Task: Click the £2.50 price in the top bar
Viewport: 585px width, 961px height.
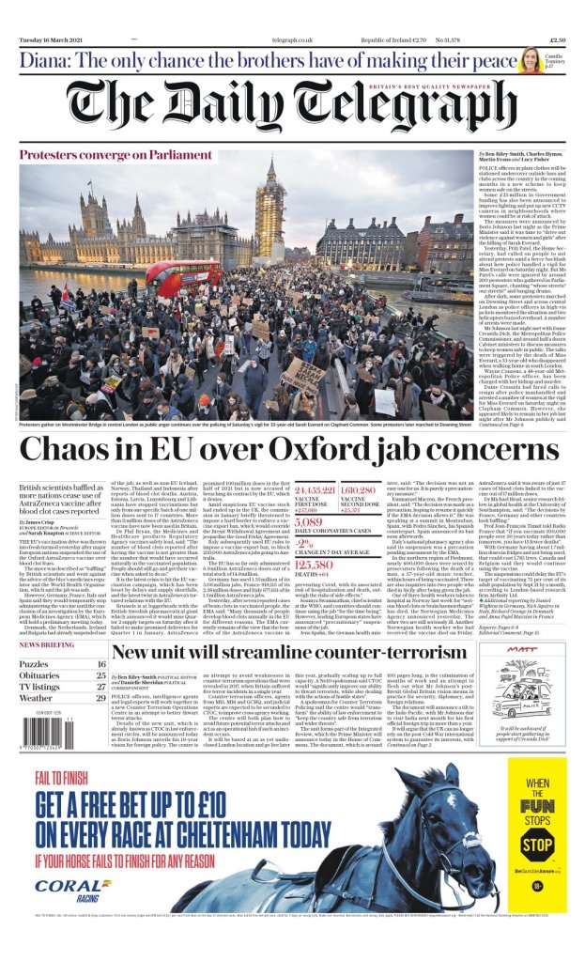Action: click(557, 40)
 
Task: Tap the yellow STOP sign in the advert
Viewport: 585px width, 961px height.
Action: click(536, 844)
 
